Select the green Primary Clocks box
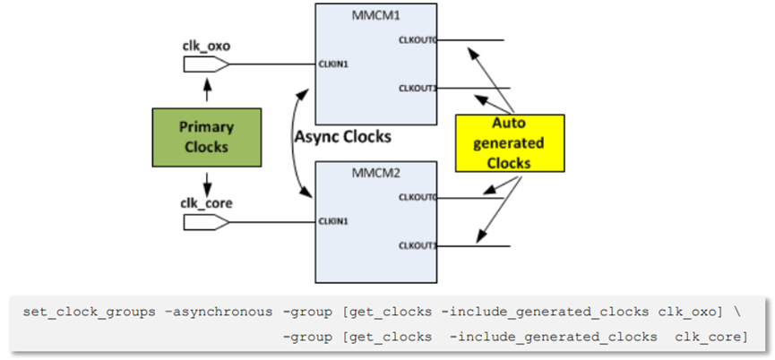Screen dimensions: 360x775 (x=206, y=137)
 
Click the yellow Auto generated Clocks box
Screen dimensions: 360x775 (x=509, y=142)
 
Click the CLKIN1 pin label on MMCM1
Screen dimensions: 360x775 (x=333, y=64)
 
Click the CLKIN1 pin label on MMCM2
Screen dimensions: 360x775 (x=333, y=220)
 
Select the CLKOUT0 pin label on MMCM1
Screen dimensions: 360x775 (x=418, y=40)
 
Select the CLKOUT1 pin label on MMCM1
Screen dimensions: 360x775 (x=418, y=88)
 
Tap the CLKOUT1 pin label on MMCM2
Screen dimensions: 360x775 (x=418, y=245)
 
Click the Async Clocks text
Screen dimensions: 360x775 (x=343, y=136)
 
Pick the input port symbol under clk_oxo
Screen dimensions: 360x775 (x=206, y=64)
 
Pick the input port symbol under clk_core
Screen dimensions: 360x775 (x=206, y=220)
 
